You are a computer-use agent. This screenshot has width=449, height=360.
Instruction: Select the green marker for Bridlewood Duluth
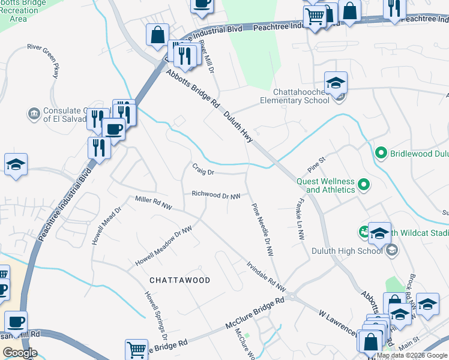(x=379, y=154)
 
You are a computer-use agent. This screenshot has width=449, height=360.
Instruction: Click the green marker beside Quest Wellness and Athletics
(x=363, y=185)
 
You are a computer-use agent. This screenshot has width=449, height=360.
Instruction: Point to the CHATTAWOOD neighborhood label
(x=179, y=280)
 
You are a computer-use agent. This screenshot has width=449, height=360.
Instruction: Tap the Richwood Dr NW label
(x=216, y=194)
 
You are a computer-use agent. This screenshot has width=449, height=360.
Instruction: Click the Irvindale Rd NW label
(x=265, y=273)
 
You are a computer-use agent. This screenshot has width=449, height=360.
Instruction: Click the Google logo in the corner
(x=20, y=353)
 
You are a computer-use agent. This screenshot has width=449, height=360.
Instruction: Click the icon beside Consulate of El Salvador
(x=34, y=113)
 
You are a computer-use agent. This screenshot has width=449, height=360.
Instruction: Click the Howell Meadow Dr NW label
(x=163, y=247)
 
